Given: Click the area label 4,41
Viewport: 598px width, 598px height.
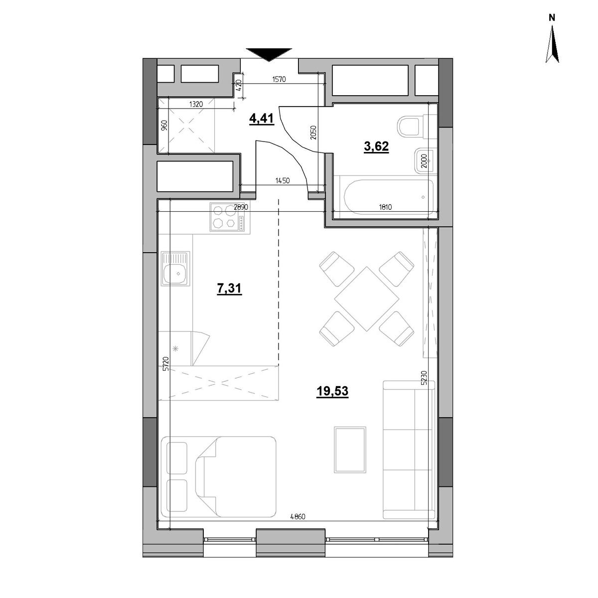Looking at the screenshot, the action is pos(262,119).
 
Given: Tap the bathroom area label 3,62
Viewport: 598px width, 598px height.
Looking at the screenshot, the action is pos(376,146).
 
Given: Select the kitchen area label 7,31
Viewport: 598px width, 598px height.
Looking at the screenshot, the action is pos(229,289).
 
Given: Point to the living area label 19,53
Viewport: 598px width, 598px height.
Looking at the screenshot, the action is pos(332,391).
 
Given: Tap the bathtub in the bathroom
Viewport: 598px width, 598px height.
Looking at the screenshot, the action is pos(389,196).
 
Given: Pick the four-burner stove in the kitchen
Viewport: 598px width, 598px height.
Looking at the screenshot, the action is pos(230,217).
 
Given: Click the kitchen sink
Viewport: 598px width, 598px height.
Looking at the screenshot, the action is pos(175,268).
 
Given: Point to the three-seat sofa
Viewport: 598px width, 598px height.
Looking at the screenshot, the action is pos(409,449).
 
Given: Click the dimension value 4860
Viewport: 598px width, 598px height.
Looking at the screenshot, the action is pos(298,517).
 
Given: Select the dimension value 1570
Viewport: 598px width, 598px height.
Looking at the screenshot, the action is pos(279,79).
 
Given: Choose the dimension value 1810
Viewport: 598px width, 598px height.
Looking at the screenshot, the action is pos(385,207).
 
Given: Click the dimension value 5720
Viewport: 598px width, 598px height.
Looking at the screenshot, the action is pos(166,364).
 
